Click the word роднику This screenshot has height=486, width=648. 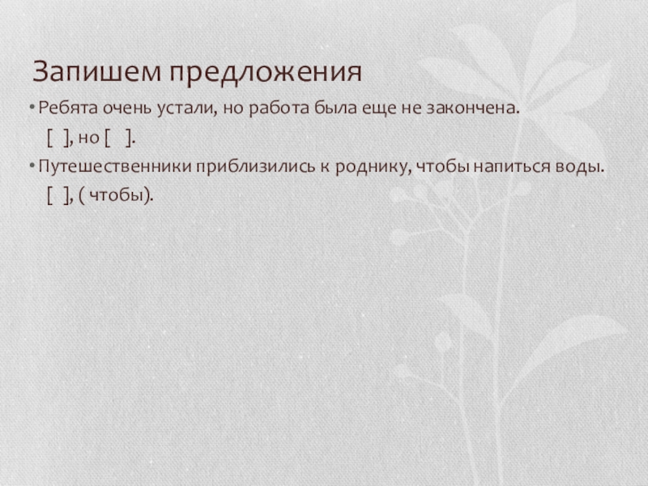point(375,168)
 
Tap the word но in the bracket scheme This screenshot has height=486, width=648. point(89,139)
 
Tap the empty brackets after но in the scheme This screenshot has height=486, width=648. point(119,139)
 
